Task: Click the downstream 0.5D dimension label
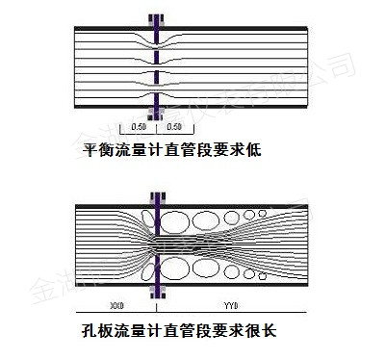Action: [174, 127]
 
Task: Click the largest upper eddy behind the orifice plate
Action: [179, 219]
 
